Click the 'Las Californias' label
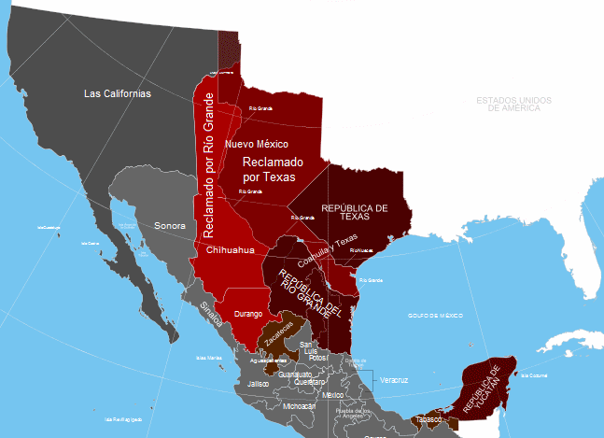coord(117,93)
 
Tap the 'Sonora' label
coord(170,226)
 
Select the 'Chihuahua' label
coord(229,250)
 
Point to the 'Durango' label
coord(247,314)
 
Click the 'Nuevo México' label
coord(257,144)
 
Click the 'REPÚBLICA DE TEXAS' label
coord(354,213)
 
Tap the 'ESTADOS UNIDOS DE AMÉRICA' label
coord(508,105)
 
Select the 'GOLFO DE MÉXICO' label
coord(435,317)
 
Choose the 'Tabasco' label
coord(428,419)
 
